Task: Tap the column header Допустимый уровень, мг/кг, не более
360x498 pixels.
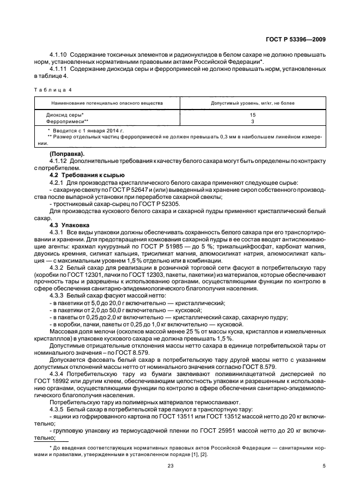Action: (252, 102)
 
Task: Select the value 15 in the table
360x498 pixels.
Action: (252, 115)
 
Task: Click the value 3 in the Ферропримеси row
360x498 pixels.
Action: (252, 122)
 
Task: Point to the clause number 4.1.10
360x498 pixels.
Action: (58, 55)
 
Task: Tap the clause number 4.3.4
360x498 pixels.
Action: (58, 374)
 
